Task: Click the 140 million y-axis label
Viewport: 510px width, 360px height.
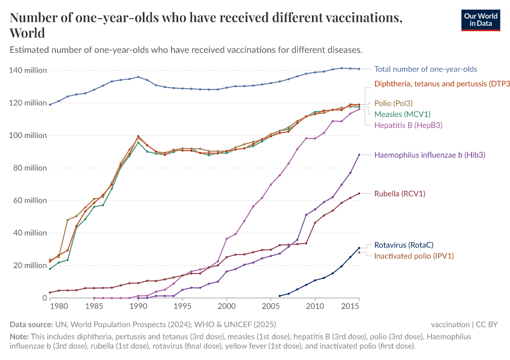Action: click(28, 70)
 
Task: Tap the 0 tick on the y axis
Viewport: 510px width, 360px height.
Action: click(43, 298)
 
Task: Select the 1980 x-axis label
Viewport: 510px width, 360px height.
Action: click(58, 307)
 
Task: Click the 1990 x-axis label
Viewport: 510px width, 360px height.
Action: click(138, 307)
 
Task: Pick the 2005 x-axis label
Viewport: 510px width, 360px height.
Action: click(271, 307)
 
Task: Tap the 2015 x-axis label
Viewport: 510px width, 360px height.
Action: click(350, 307)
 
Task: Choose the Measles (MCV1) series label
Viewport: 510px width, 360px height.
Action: click(402, 114)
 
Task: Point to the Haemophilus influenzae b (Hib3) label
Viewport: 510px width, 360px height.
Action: click(430, 155)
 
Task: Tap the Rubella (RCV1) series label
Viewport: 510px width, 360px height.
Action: click(400, 194)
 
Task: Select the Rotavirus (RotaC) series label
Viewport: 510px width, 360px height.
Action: click(404, 245)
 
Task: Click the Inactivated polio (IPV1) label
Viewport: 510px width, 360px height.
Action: click(414, 256)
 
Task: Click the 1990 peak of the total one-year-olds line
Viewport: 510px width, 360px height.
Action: click(138, 77)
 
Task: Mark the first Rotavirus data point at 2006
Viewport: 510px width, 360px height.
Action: click(280, 296)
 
